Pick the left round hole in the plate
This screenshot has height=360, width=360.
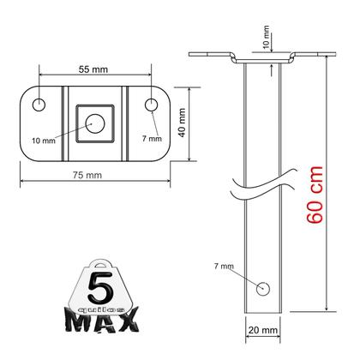point(39,105)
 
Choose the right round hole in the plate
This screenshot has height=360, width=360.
point(152,105)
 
